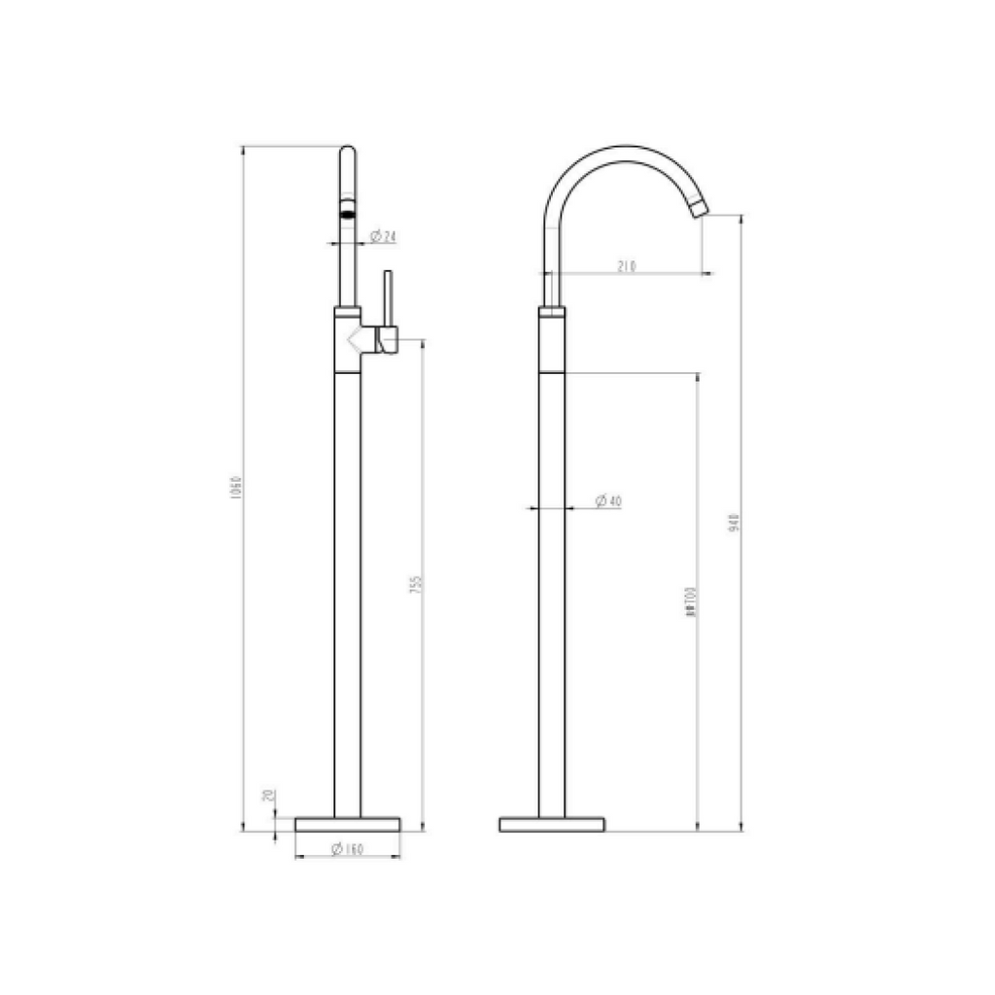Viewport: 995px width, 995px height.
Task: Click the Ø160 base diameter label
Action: (x=347, y=849)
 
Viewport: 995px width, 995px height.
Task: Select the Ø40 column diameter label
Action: (x=608, y=500)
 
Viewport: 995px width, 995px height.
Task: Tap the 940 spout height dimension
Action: (x=735, y=523)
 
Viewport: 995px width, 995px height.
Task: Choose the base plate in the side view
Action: (x=552, y=824)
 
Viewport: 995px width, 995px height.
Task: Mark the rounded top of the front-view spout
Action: (x=347, y=152)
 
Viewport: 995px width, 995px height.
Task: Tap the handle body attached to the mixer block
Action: (x=388, y=340)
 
